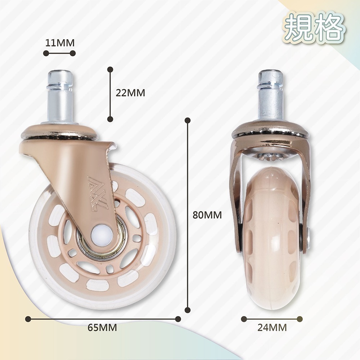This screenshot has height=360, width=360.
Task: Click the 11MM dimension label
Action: (x=60, y=43)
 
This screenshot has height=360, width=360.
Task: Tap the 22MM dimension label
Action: (x=130, y=93)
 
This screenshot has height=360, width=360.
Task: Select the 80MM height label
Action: (x=207, y=215)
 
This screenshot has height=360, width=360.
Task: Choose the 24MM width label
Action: (x=272, y=328)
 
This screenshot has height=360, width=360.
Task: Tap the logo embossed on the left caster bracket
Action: (x=98, y=193)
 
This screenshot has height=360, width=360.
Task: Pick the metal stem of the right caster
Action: (x=270, y=95)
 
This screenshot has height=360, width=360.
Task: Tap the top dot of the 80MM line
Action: (x=187, y=120)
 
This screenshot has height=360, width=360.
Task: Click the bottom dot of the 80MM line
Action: (x=187, y=310)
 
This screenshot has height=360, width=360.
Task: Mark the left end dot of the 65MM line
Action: (x=28, y=319)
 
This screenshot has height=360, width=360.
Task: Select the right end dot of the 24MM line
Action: (x=300, y=319)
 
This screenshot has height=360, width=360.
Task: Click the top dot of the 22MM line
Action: (x=110, y=69)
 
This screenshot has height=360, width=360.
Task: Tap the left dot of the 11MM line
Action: (x=46, y=53)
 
